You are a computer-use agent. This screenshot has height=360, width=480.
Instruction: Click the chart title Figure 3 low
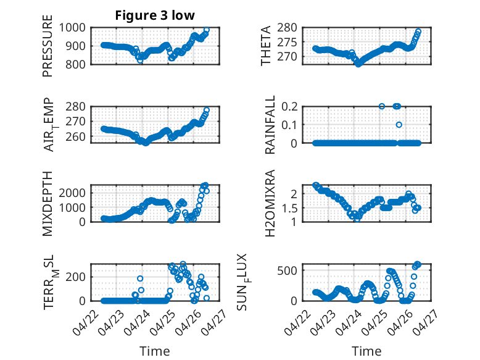pos(155,15)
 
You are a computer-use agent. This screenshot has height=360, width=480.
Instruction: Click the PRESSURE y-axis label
pos(48,46)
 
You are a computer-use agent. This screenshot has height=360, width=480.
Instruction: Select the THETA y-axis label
pos(266,46)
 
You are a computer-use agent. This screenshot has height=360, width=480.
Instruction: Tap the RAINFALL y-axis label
pos(270,125)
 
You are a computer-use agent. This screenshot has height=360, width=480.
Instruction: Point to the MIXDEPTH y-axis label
pos(48,204)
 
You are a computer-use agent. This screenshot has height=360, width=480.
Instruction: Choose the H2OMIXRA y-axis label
pos(270,203)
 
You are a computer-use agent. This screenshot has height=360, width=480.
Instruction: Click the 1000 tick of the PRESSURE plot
pos(72,28)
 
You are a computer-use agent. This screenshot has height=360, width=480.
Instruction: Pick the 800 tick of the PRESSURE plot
pos(75,64)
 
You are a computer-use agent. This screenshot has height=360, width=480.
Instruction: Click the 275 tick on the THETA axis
pos(287,43)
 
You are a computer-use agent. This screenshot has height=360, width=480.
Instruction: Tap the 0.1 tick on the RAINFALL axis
pos(289,125)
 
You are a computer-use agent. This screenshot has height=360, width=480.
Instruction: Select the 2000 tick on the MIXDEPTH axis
pos(72,193)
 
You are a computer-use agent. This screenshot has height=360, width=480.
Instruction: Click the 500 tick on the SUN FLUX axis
pos(287,271)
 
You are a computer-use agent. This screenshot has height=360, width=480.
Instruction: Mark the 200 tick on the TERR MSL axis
pos(75,277)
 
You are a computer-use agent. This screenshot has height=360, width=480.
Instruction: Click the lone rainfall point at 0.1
pos(399,125)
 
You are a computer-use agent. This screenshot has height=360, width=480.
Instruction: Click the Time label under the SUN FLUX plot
pos(366,351)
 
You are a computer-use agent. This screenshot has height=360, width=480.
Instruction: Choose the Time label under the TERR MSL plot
pos(155,351)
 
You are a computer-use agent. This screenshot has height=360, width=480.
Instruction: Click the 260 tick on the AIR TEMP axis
pos(75,137)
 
